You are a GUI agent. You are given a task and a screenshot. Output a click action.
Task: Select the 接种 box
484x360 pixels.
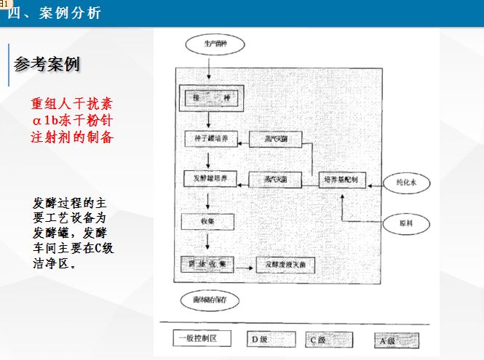[x=207, y=97]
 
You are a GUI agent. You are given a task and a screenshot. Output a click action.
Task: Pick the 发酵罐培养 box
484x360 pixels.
[x=211, y=178]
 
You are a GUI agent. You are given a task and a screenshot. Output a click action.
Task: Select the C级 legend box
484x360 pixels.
[x=328, y=339]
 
